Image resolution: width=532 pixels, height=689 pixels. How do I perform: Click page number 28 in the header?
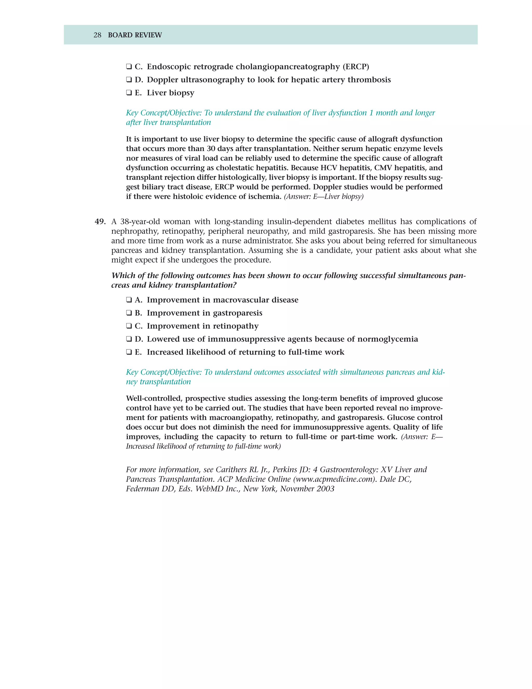[97, 35]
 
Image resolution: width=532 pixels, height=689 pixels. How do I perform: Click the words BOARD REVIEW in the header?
[135, 35]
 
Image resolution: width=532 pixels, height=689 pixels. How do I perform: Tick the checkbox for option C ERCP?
[129, 67]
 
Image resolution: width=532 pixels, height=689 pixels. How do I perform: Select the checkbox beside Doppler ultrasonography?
[129, 80]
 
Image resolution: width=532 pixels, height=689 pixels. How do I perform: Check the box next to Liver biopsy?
[129, 93]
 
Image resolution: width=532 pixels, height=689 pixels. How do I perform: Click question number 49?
[100, 222]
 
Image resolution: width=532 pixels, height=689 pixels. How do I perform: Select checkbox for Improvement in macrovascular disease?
[129, 300]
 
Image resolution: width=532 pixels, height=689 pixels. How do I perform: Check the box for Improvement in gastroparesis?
[129, 313]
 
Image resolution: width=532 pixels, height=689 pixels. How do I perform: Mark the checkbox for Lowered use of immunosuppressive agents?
[129, 339]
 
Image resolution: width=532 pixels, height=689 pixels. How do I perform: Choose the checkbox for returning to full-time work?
[129, 352]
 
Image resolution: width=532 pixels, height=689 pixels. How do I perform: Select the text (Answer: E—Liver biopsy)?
[324, 197]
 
